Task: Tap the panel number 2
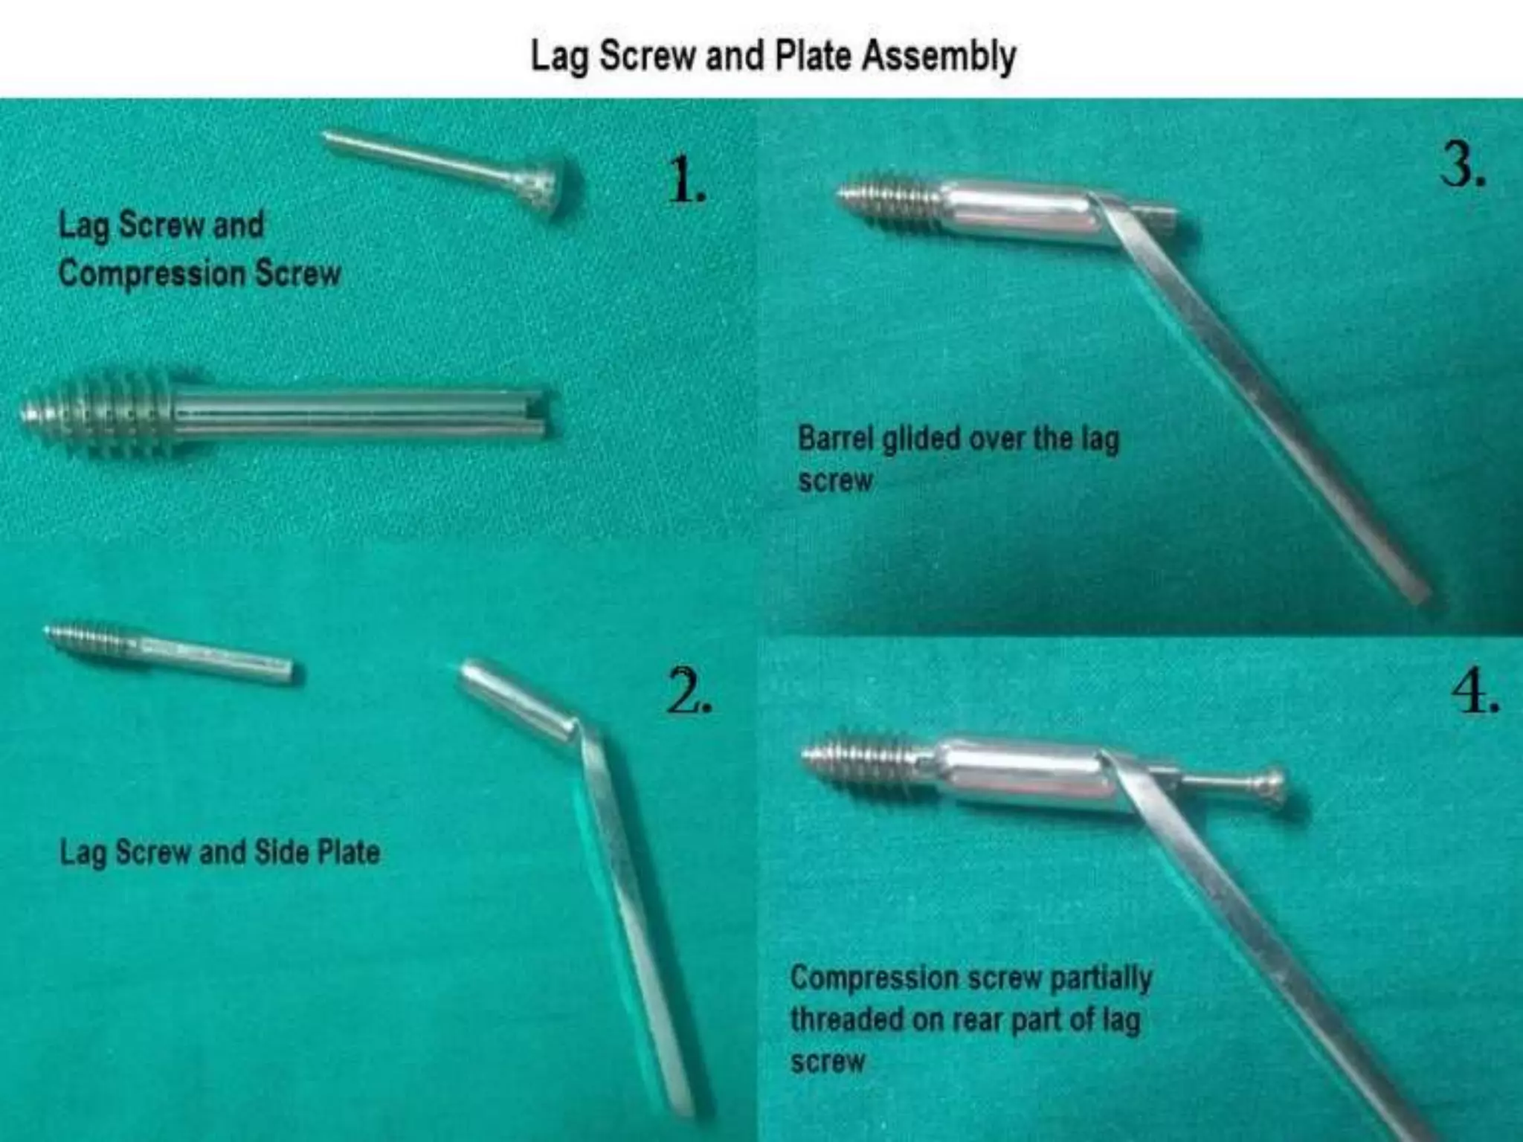point(688,691)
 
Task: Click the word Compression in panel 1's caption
point(152,274)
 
